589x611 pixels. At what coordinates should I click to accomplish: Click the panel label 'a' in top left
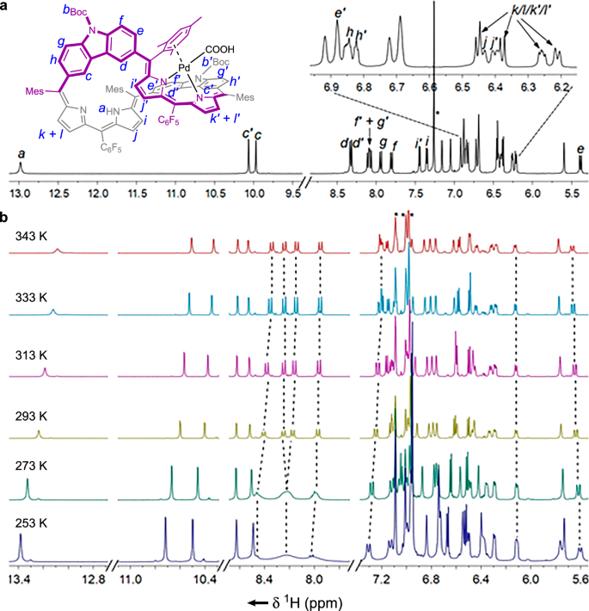pyautogui.click(x=5, y=7)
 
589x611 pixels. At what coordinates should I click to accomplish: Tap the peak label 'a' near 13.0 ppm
pyautogui.click(x=20, y=151)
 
